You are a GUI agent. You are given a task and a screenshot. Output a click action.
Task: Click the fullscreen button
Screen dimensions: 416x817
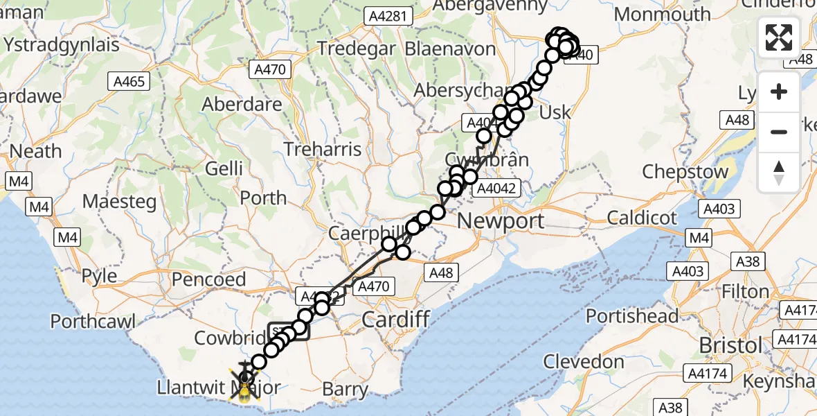pos(779,37)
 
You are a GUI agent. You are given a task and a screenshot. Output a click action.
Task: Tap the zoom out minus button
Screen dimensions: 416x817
pos(779,132)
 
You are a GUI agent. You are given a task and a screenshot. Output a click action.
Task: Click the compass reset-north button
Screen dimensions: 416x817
pos(779,172)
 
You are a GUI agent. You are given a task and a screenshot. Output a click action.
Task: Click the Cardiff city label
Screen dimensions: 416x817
pos(397,320)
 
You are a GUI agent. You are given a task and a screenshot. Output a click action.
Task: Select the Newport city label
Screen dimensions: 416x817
pos(501,221)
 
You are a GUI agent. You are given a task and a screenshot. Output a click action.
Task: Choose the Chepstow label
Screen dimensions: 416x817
pos(685,171)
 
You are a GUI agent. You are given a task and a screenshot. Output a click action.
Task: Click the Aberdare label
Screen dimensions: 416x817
pos(242,105)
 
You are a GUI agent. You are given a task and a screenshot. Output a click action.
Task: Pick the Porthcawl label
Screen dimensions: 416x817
pos(93,322)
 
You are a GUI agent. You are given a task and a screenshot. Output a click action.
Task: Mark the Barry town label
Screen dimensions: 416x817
pos(345,389)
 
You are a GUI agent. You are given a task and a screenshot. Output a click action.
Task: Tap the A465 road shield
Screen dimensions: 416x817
pos(129,82)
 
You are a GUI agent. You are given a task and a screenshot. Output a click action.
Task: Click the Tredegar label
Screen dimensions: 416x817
pos(356,49)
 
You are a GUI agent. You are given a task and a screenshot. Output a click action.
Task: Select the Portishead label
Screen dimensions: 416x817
pos(632,316)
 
